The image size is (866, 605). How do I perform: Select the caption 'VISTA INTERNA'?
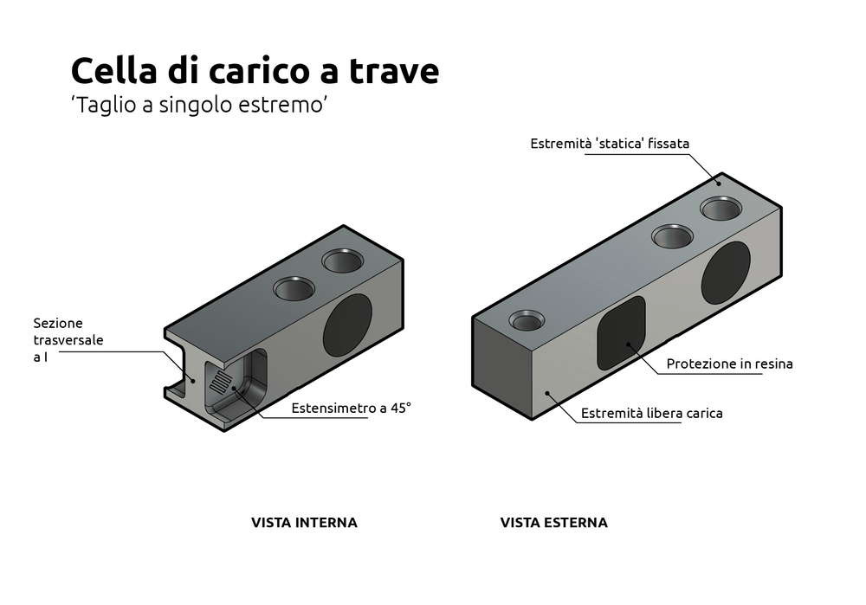[x=304, y=523]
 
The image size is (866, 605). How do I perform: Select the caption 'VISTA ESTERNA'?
[x=553, y=523]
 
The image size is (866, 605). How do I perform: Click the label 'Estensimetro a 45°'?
[x=351, y=409]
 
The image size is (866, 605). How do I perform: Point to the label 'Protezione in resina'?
[x=729, y=364]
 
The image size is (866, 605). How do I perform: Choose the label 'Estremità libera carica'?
[x=651, y=414]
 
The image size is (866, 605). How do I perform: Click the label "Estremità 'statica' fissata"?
[x=610, y=144]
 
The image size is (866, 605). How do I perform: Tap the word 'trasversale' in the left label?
[x=68, y=340]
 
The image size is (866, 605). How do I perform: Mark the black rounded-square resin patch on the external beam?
[x=622, y=331]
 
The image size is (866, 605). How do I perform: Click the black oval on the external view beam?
[x=726, y=273]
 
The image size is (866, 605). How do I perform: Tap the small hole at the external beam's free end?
[x=527, y=322]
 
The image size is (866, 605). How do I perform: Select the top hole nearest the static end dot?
[x=721, y=209]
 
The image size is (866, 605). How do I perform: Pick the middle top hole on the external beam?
[x=673, y=235]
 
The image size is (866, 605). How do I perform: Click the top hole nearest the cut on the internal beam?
[x=295, y=288]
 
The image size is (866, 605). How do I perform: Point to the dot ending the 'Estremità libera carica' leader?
[x=547, y=394]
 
